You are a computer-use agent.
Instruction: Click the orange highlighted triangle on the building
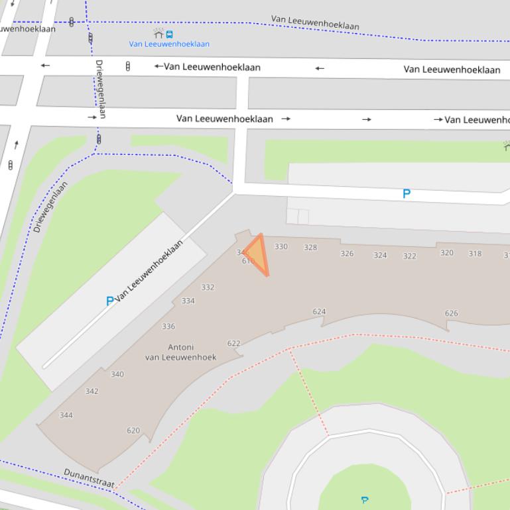tap(257, 254)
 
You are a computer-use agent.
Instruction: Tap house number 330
tap(281, 246)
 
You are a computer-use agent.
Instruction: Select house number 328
tap(310, 248)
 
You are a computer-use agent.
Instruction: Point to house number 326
tap(347, 253)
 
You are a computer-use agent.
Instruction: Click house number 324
tap(380, 255)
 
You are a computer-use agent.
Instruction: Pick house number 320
tap(447, 252)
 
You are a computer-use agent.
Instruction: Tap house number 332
tap(208, 287)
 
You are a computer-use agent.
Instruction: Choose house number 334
tap(188, 301)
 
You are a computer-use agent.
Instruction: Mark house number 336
tap(168, 327)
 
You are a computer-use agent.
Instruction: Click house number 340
tap(117, 374)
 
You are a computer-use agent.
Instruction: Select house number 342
tap(92, 391)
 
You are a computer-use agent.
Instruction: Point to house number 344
tap(66, 415)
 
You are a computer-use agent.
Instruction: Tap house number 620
tap(133, 431)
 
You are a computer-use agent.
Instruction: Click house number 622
tap(233, 343)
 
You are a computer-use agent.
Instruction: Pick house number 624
tap(319, 311)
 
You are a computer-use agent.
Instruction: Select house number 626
tap(452, 313)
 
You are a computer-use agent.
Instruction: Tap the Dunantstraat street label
tap(89, 480)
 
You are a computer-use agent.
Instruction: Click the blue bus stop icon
tap(170, 34)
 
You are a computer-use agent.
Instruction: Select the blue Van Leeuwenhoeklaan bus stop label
tap(169, 44)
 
